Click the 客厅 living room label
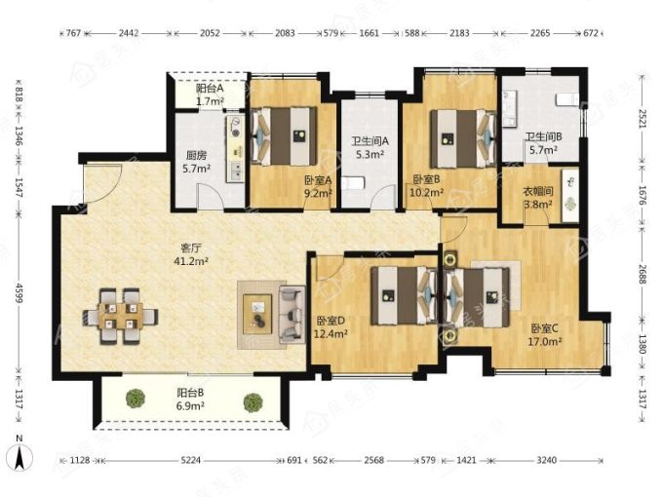[190, 248]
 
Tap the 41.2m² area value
[191, 261]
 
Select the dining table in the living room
[121, 317]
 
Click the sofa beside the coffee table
[292, 315]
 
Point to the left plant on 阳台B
[136, 399]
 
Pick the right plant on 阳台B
[253, 402]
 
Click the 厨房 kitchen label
[196, 156]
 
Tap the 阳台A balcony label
[210, 89]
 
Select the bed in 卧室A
[284, 135]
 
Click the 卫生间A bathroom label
[370, 141]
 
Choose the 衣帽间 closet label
[538, 191]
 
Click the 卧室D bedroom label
[331, 321]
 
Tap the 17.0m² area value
[545, 341]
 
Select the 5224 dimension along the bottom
[191, 460]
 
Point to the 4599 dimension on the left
[19, 290]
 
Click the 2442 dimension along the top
[129, 33]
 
